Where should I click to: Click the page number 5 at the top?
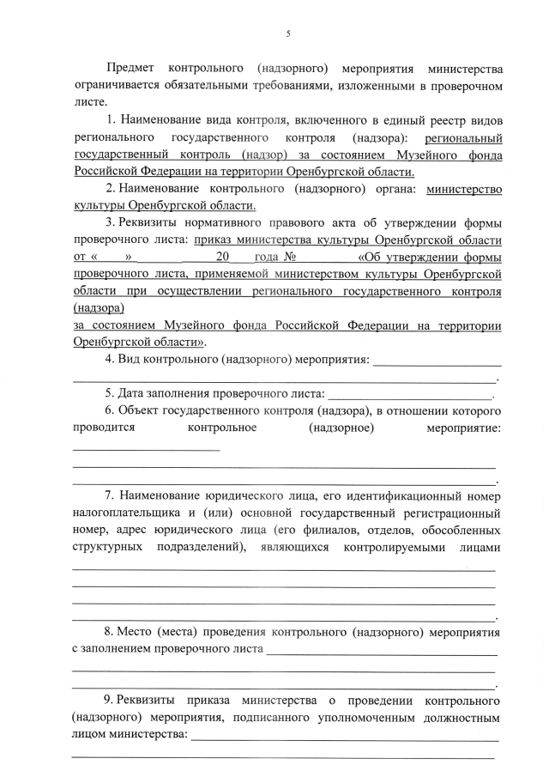[287, 33]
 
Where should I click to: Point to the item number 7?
[109, 495]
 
